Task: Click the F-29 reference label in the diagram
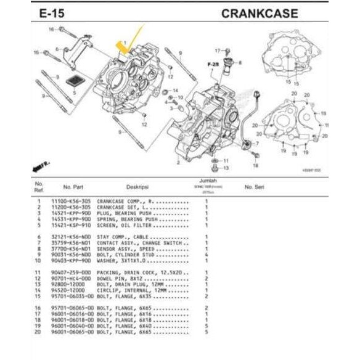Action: click(213, 64)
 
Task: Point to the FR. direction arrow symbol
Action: click(41, 165)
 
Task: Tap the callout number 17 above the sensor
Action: click(218, 49)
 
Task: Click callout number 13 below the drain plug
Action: click(226, 168)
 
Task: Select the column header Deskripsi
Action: click(137, 186)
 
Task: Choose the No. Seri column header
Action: click(254, 186)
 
